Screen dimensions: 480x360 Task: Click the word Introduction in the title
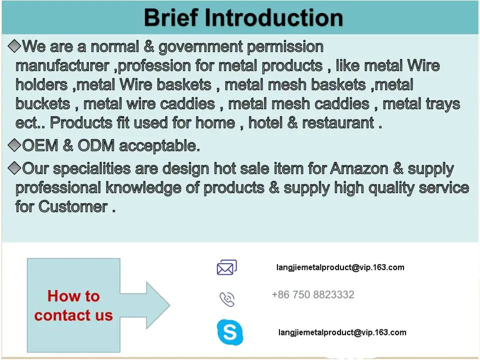tap(273, 18)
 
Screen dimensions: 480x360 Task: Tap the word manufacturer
tap(62, 66)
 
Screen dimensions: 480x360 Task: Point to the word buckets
tap(43, 104)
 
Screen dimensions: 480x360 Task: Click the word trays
tap(440, 104)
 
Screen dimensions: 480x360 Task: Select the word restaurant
tap(338, 123)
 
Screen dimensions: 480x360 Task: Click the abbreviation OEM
tap(40, 145)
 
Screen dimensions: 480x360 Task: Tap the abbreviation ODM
tap(96, 145)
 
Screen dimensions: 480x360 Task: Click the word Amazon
tap(359, 168)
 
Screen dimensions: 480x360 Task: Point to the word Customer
tap(73, 206)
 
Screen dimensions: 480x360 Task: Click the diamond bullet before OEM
tap(14, 145)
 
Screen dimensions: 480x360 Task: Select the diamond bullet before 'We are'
tap(14, 46)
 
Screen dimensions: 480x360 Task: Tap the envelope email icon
tap(227, 267)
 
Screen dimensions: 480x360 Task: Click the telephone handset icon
tap(227, 299)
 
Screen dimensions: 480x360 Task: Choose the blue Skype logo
tap(230, 332)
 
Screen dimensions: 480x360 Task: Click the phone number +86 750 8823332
tap(313, 294)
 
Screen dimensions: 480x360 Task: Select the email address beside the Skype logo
tap(342, 332)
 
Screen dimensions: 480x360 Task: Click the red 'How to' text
tap(73, 296)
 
